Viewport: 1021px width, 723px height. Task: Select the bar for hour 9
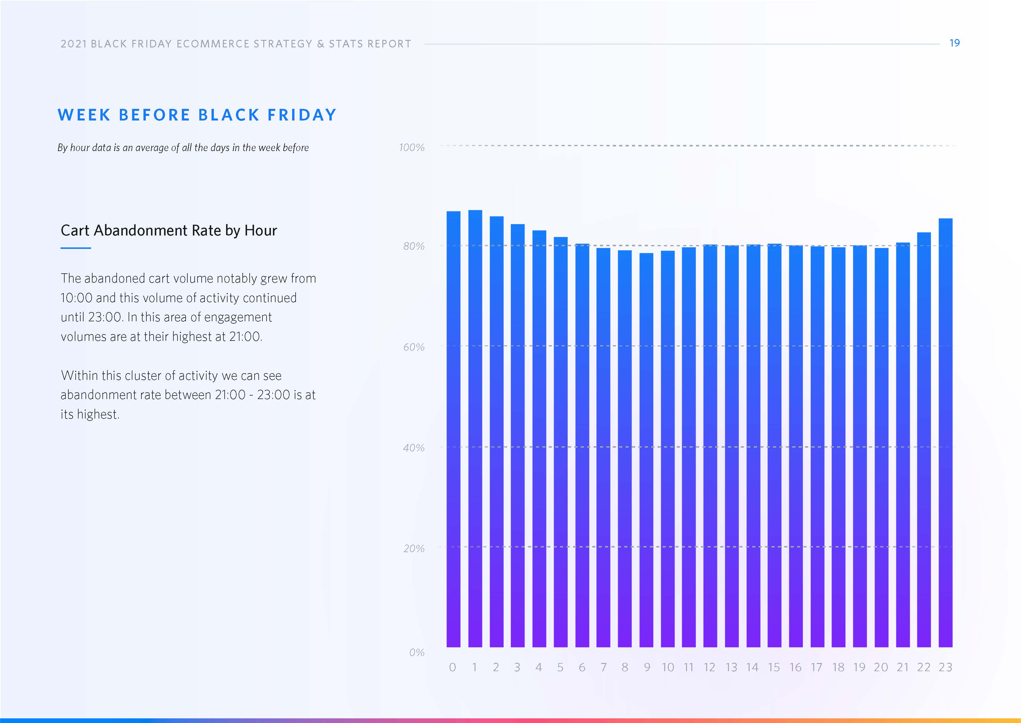pyautogui.click(x=646, y=450)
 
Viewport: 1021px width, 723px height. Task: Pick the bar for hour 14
pyautogui.click(x=753, y=445)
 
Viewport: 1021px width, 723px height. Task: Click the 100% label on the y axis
pyautogui.click(x=412, y=147)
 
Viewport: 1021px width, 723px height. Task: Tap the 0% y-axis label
pyautogui.click(x=417, y=653)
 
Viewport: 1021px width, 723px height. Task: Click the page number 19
pyautogui.click(x=954, y=43)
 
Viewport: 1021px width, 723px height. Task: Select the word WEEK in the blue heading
pyautogui.click(x=84, y=115)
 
